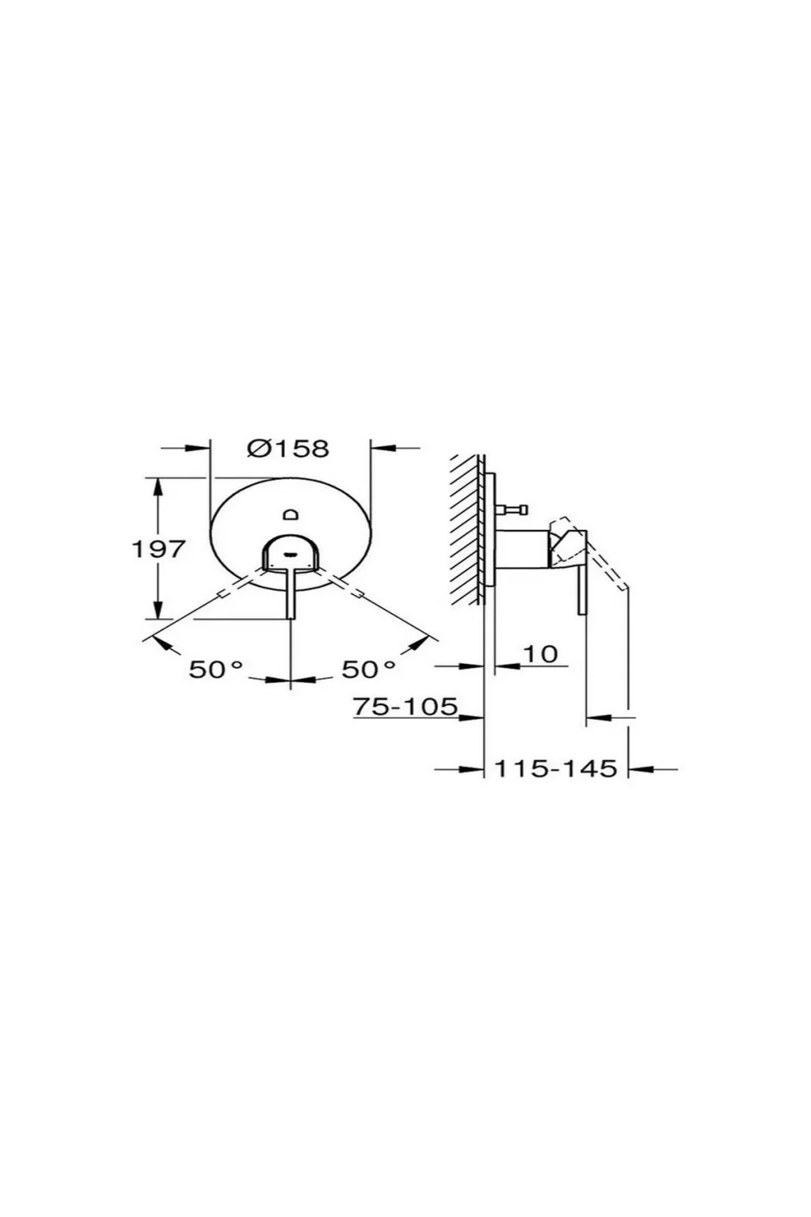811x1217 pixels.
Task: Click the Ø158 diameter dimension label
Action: (287, 448)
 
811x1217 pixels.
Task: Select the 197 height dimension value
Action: (158, 549)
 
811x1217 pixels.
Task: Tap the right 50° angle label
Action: (367, 670)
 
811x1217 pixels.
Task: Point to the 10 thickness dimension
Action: (540, 654)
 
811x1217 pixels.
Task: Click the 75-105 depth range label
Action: (405, 706)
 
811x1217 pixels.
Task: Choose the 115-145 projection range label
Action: (556, 769)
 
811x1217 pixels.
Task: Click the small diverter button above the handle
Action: (291, 514)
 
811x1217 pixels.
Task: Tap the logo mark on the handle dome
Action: (291, 555)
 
